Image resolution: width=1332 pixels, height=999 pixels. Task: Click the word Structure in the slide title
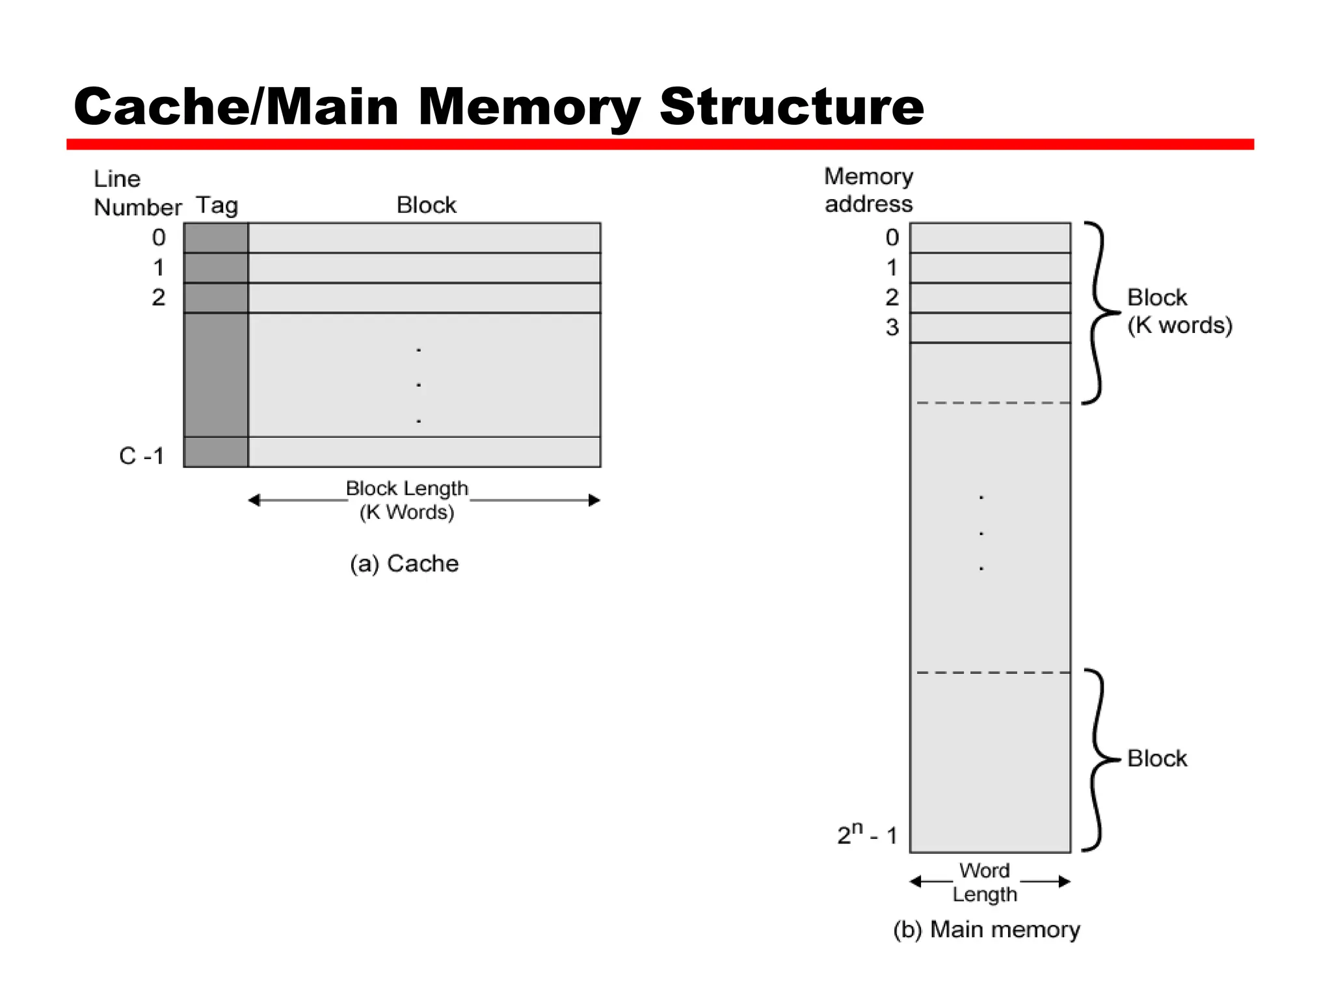(791, 107)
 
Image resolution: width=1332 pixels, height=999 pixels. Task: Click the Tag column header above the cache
(217, 206)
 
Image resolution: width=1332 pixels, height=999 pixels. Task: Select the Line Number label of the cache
(137, 193)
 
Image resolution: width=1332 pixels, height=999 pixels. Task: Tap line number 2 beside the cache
(159, 297)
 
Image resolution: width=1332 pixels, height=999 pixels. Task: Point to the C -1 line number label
(141, 456)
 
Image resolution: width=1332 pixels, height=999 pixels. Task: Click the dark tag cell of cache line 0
(216, 238)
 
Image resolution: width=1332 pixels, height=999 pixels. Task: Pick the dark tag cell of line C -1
(216, 452)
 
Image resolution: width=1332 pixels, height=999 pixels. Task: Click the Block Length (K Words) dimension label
(407, 500)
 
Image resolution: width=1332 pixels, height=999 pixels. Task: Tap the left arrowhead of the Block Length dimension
(254, 500)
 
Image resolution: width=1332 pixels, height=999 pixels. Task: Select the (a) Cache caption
(404, 563)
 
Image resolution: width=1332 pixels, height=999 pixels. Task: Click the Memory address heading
(868, 190)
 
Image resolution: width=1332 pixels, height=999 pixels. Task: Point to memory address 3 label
(892, 327)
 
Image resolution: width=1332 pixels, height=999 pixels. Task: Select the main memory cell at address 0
(989, 238)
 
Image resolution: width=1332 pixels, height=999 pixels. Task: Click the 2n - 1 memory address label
(867, 834)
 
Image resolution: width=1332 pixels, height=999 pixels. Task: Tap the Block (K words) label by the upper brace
(1179, 311)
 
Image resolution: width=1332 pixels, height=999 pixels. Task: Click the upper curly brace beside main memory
(1099, 313)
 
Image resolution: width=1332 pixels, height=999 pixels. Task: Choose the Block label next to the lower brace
(1156, 758)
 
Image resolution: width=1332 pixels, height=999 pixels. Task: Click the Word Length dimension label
(985, 882)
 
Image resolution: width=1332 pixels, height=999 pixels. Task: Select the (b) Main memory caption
(986, 929)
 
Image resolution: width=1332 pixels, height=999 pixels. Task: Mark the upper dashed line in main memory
(992, 403)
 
